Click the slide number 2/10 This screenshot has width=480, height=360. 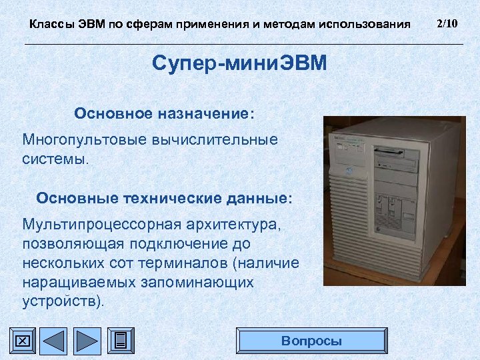446,24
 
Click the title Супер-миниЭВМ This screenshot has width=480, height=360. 239,64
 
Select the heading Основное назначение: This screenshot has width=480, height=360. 164,113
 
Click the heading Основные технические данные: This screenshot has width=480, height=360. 164,198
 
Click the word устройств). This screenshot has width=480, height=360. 64,301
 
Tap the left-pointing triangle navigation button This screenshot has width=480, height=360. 53,341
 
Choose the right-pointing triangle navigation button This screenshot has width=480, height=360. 86,341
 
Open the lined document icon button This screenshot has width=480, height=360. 120,341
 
